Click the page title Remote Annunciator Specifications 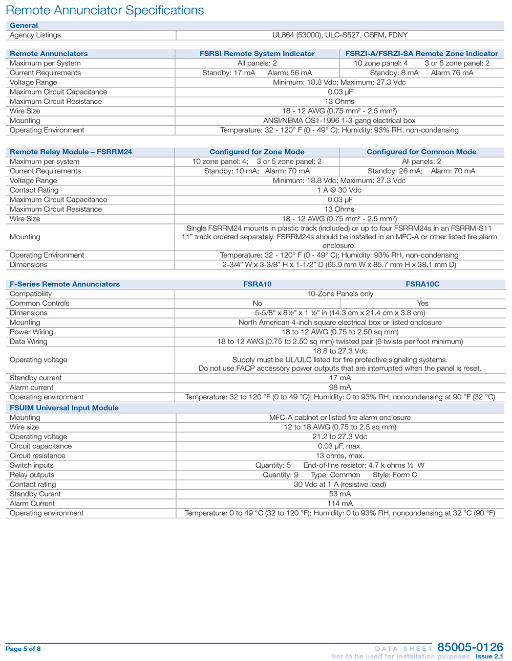[x=104, y=10]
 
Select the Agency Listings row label [x=35, y=35]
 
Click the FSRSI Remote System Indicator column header [x=257, y=54]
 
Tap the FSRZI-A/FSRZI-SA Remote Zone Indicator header [x=421, y=54]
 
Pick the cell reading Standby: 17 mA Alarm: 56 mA [x=257, y=73]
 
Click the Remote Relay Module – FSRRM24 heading [x=71, y=152]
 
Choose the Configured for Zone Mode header [x=257, y=152]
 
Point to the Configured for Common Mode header [x=421, y=152]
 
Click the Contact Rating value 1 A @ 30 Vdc [x=340, y=190]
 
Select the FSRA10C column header [x=422, y=284]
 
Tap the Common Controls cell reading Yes [x=422, y=303]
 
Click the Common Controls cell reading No [x=257, y=303]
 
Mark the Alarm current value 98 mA [x=340, y=388]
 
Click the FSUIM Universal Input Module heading [x=64, y=408]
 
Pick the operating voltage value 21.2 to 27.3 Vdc [x=340, y=437]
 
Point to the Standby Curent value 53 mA [x=340, y=494]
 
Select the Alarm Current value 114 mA [x=340, y=504]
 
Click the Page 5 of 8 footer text [x=23, y=649]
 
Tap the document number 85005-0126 [x=470, y=647]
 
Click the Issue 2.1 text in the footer [x=489, y=656]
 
